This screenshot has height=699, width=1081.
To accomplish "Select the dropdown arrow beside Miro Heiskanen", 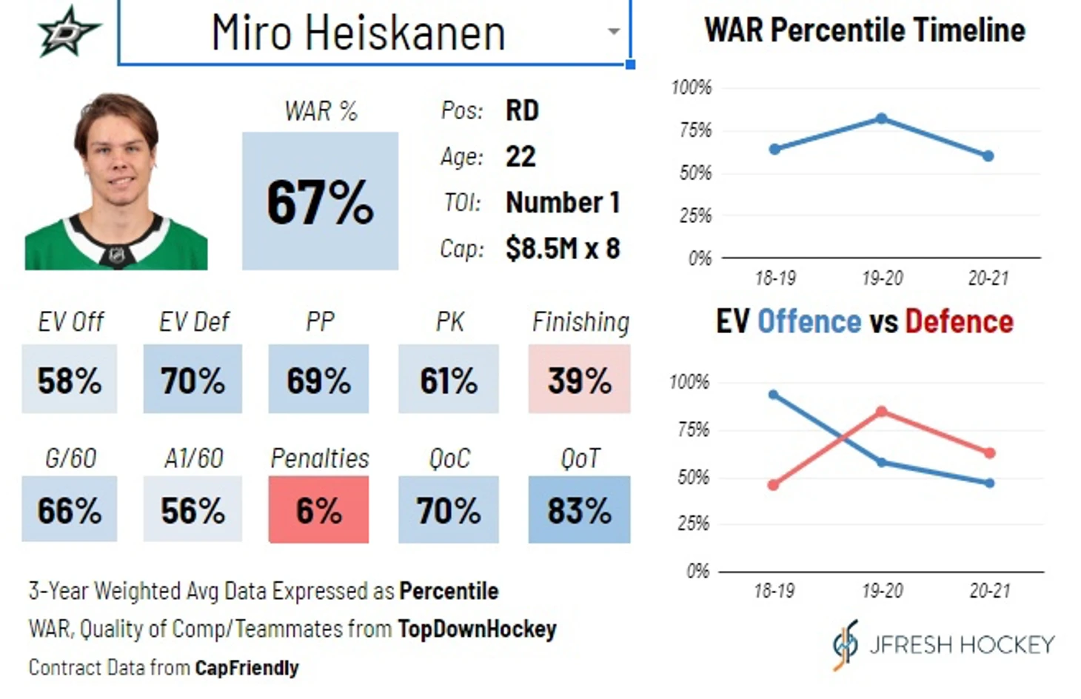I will pos(613,32).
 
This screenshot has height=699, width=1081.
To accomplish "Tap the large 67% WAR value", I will pos(320,201).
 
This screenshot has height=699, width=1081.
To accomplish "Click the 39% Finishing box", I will pos(579,379).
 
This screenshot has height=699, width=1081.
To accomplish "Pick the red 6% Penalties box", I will pos(318,509).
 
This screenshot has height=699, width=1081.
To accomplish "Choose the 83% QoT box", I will pos(579,509).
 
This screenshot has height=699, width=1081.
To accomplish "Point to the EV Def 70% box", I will pos(193,379).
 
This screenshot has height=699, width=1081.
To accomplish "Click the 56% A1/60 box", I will pos(193,509).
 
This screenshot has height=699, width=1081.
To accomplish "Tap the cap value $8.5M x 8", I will pos(563,249).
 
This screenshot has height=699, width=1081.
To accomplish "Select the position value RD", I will pos(522,111).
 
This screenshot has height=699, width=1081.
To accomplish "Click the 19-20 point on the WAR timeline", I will pos(881,118).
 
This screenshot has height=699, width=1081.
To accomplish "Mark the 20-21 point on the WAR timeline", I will pos(988,156).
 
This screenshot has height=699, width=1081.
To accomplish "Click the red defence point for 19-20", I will pos(881,411).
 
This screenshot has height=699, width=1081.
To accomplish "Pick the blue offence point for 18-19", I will pos(774,395).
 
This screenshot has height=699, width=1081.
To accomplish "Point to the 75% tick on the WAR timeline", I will pos(695,131).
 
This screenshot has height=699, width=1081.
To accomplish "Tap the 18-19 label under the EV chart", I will pos(774,591).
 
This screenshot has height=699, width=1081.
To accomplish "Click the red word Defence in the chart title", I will pos(959,322).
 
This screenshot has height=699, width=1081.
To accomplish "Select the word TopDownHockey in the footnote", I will pos(477,629).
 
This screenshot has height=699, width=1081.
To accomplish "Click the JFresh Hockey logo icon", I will pos(846,644).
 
